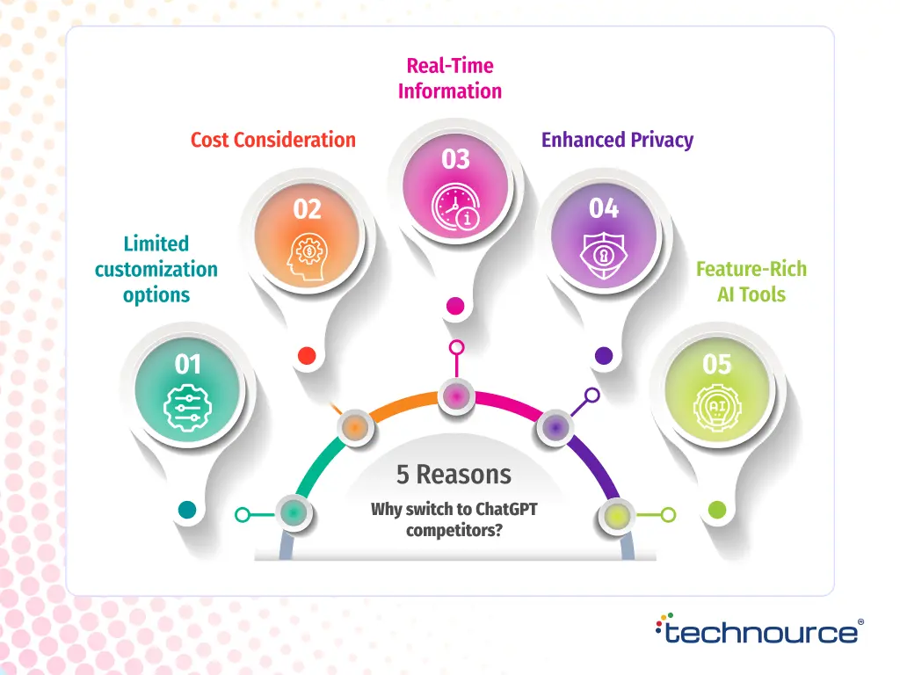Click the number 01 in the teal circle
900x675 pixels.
coord(188,364)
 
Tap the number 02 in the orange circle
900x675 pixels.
coord(308,209)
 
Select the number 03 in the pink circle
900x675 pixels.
coord(456,159)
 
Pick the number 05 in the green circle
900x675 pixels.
coord(717,364)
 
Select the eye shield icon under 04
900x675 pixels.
coord(604,256)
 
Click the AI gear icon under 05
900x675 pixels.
coord(717,408)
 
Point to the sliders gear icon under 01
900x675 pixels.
coord(188,408)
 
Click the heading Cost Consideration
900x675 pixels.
coord(273,140)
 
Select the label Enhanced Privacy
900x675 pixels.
coord(617,140)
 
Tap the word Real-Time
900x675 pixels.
coord(450,66)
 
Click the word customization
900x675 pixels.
coord(156,269)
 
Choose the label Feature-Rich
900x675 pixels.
coord(751,269)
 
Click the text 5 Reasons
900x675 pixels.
coord(454,475)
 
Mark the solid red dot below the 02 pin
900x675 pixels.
coord(307,355)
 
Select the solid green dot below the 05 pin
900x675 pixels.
coord(717,509)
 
